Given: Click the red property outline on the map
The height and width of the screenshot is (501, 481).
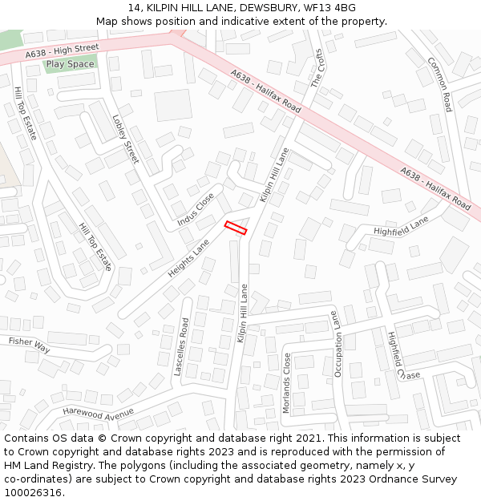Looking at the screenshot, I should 236,228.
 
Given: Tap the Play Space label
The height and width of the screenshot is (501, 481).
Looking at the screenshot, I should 70,64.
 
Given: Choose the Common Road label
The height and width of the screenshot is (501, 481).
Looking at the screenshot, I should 440,84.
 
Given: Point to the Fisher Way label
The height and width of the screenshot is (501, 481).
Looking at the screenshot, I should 29,345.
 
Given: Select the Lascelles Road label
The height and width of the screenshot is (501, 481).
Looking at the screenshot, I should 183,347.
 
